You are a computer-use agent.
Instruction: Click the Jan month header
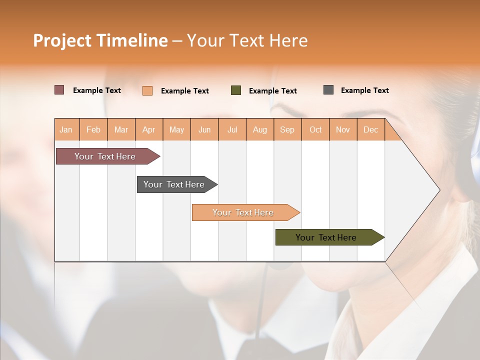(66, 129)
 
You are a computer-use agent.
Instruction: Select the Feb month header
(93, 129)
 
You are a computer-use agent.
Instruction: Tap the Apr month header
(149, 129)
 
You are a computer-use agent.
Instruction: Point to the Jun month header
(204, 129)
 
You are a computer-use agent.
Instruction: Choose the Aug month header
(260, 129)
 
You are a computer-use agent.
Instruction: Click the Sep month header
(287, 129)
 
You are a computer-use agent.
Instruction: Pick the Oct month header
(315, 129)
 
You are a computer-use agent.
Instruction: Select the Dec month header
(371, 129)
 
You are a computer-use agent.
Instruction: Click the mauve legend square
(59, 90)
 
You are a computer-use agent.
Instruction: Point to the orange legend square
(147, 90)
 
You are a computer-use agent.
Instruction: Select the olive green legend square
(236, 90)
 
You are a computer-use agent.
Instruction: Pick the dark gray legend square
(328, 90)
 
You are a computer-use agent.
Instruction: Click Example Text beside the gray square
(364, 90)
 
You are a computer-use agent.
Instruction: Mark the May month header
(176, 129)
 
